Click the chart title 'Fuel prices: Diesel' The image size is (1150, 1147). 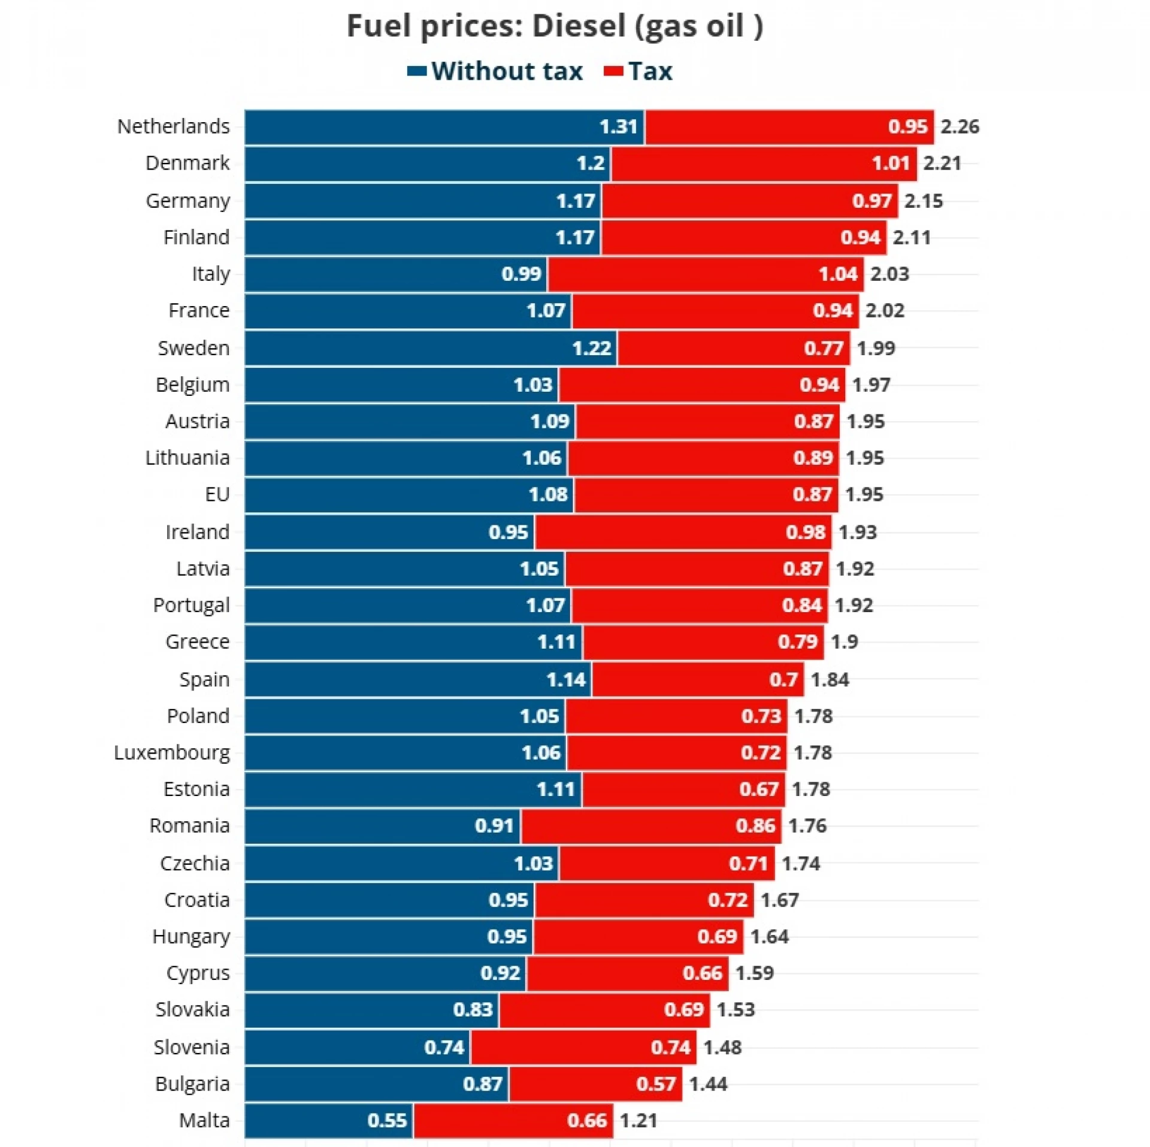[555, 27]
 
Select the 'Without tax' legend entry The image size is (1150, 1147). [495, 71]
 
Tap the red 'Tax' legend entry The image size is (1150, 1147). [638, 71]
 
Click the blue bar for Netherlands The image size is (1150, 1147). [444, 127]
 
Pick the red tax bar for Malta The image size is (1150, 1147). [513, 1120]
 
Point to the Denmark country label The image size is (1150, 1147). [187, 163]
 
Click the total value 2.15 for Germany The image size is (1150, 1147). [923, 201]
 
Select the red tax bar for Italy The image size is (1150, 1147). [706, 274]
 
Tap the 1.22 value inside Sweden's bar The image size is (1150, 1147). [591, 348]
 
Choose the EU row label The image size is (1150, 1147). [217, 495]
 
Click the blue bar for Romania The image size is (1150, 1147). [382, 826]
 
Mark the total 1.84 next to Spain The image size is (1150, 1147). [830, 679]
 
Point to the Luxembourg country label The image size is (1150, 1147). [172, 752]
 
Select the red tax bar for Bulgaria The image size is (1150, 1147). [595, 1084]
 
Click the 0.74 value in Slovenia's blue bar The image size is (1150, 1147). [444, 1047]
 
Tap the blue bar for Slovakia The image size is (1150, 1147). [371, 1010]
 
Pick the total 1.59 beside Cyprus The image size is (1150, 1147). [754, 973]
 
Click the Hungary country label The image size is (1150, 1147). [191, 937]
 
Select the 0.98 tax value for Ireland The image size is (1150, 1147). [806, 532]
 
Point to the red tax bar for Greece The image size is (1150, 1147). [703, 642]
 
